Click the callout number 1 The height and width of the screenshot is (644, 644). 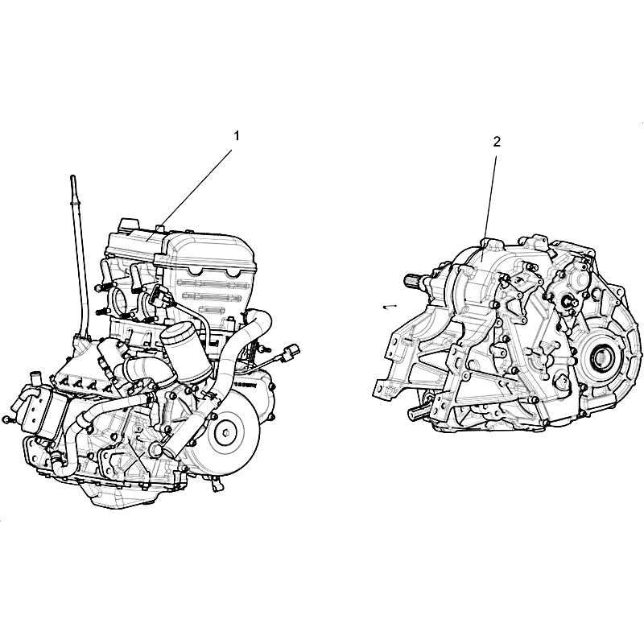(x=236, y=136)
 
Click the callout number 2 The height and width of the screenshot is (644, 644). (x=497, y=142)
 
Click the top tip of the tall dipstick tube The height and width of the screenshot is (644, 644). (x=73, y=177)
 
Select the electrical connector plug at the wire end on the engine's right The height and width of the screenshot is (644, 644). (x=293, y=351)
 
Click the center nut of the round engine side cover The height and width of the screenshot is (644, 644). (x=225, y=433)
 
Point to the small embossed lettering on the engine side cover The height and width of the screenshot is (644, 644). (x=246, y=386)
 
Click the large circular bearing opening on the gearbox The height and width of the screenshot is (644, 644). (x=601, y=355)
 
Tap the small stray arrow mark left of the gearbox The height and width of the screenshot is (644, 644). (x=389, y=307)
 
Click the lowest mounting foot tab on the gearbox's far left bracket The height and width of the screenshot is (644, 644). (x=381, y=390)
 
